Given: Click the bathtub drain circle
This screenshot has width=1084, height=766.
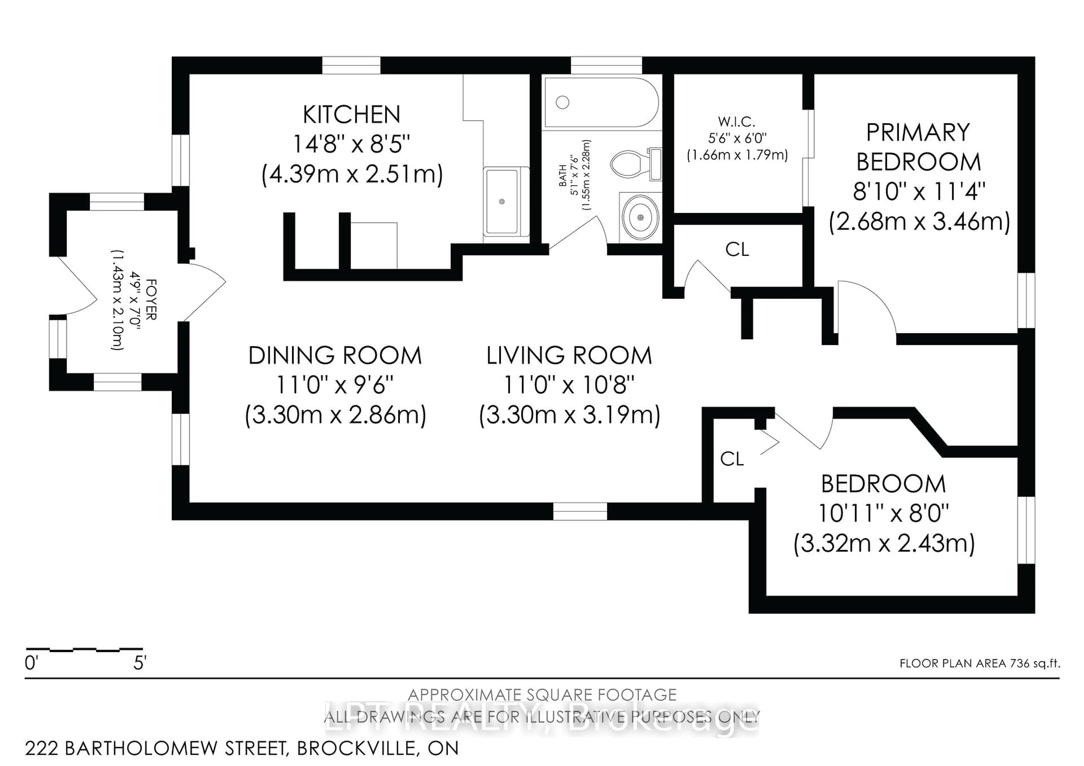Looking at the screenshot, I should point(562,102).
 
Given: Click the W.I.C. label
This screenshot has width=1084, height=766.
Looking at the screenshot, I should point(737,122).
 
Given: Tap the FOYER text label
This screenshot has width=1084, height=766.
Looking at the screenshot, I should point(151,299).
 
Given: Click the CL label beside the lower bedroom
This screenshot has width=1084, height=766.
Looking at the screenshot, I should point(732,458).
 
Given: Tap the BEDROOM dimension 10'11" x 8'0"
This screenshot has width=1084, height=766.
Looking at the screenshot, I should point(883,513).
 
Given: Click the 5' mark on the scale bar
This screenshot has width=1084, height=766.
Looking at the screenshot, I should point(140,663).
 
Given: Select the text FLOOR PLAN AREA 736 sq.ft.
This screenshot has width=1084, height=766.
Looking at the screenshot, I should point(980,663).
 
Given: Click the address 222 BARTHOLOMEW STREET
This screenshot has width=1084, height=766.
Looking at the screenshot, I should point(156,748).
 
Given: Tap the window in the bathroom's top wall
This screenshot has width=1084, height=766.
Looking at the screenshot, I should point(606,65).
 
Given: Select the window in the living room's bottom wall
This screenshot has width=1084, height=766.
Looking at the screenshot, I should point(580,511).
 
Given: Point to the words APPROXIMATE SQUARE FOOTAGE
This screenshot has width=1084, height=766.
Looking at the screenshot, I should point(542,695).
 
